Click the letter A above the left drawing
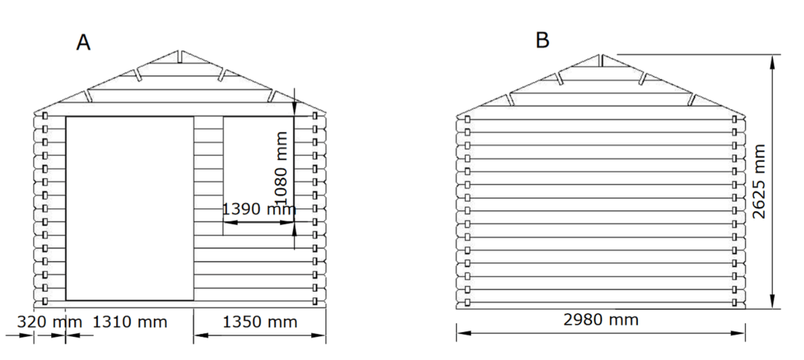click(x=83, y=42)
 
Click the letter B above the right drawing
click(x=542, y=40)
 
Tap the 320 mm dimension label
click(x=50, y=322)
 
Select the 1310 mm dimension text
click(x=130, y=322)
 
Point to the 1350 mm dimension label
click(x=260, y=322)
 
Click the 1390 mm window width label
click(x=259, y=209)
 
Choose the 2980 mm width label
click(x=601, y=320)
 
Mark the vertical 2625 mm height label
click(x=759, y=181)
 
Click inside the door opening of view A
click(x=130, y=208)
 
